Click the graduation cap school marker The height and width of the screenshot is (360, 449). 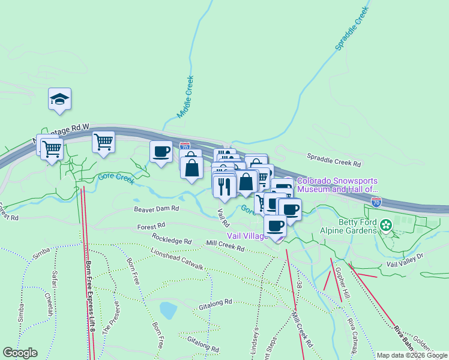(x=60, y=99)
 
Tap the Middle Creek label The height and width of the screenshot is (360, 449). (x=185, y=96)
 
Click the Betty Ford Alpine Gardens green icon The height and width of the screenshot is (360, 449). (x=386, y=226)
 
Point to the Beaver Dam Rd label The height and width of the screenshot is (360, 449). (x=156, y=209)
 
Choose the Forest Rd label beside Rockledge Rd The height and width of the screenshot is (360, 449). (x=151, y=227)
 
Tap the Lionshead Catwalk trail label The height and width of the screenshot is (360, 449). (x=177, y=257)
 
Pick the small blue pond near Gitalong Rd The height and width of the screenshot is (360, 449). (x=168, y=310)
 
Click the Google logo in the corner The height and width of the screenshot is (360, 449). (x=20, y=353)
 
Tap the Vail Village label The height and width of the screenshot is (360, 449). (x=247, y=236)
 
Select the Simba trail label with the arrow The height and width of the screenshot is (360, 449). (x=41, y=253)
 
